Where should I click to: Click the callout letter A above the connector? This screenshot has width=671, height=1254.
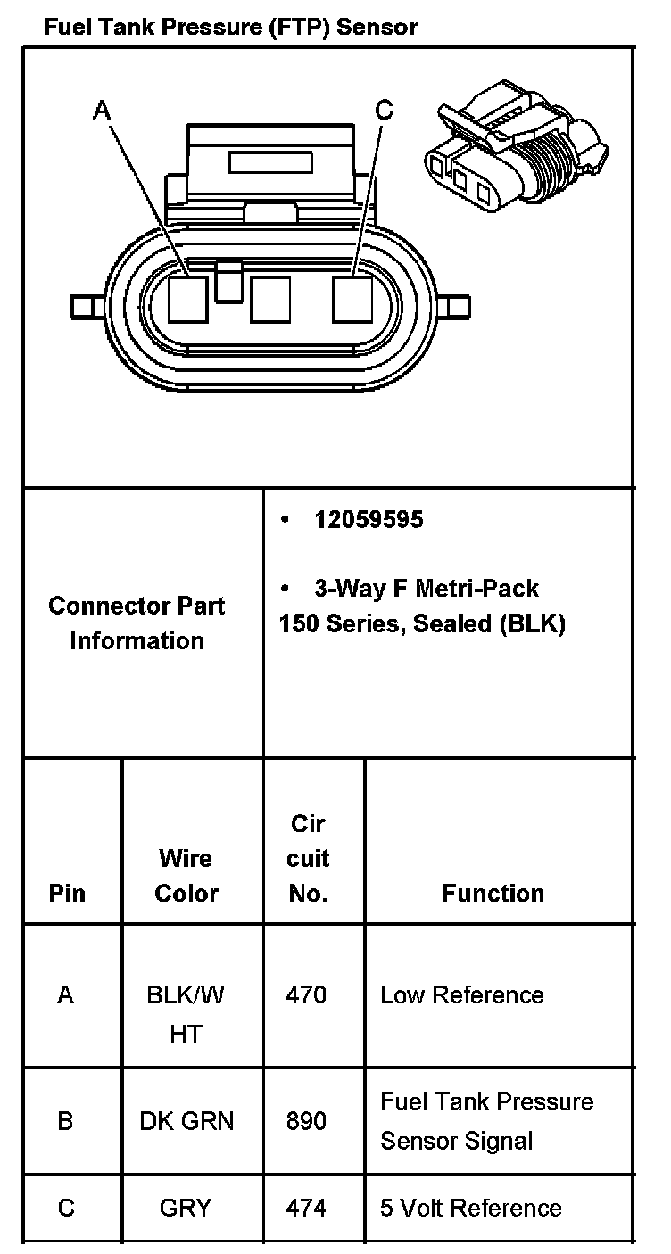[x=103, y=110]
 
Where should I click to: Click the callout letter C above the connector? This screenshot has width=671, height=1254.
[x=384, y=110]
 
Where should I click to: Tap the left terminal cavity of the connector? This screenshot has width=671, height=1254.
[x=188, y=299]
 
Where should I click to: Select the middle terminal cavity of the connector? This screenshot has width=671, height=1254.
[x=270, y=299]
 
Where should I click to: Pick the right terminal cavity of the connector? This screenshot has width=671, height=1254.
[x=352, y=299]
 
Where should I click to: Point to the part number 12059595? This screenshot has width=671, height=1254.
[x=369, y=519]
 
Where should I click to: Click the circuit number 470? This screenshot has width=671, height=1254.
[x=306, y=994]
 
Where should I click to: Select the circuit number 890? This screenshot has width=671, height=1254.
[x=306, y=1120]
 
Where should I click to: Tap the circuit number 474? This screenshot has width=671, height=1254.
[x=306, y=1208]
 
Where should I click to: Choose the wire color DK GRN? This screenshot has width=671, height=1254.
[x=186, y=1120]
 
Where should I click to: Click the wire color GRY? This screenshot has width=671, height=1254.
[x=186, y=1208]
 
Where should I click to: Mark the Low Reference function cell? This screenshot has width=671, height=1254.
[x=462, y=994]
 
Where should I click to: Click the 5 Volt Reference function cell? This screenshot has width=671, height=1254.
[x=471, y=1208]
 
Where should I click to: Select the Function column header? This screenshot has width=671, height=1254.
[x=493, y=893]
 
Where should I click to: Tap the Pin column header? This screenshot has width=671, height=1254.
[x=67, y=893]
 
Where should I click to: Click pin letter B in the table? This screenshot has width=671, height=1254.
[x=65, y=1120]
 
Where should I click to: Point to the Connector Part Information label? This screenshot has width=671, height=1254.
[x=137, y=623]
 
